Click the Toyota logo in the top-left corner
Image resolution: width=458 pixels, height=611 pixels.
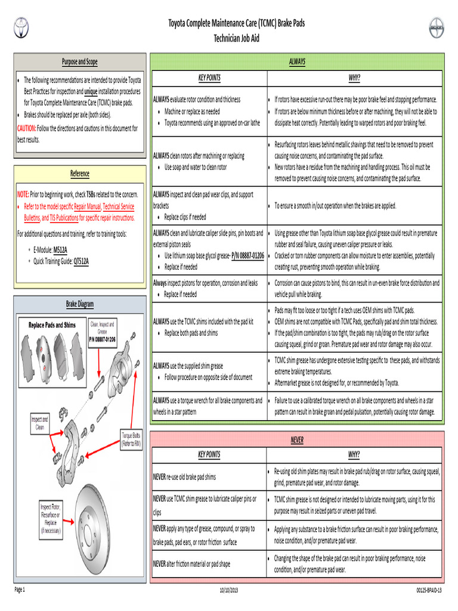21,27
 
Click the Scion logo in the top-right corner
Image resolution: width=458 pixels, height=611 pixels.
436,27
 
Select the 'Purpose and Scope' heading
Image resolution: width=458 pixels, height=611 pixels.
80,61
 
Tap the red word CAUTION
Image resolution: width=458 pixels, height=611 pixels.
26,128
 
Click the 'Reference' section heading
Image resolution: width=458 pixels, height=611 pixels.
80,174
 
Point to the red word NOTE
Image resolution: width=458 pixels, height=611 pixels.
23,194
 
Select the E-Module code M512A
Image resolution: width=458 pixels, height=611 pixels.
60,250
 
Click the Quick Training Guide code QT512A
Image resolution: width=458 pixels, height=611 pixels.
81,261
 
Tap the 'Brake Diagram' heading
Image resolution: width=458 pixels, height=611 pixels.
80,304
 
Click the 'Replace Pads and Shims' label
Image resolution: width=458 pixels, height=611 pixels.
52,325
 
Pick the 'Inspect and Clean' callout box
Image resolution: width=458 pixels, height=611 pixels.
40,423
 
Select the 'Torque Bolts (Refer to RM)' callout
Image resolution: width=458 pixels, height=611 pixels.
131,439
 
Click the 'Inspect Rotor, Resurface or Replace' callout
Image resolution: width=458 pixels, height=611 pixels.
51,519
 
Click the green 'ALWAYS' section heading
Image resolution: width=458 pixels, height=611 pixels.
297,61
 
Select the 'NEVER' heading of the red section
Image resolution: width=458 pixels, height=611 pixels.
297,440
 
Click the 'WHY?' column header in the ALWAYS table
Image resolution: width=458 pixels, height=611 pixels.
354,78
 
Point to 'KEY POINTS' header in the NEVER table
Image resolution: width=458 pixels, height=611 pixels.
209,454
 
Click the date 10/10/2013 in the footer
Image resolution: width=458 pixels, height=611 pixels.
228,590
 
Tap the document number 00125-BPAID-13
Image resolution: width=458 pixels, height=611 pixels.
429,590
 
